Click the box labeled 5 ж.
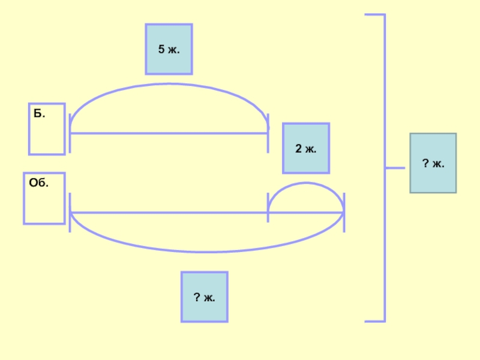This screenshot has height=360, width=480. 169,49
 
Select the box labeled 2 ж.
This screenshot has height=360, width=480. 306,148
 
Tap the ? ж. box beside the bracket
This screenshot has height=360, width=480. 433,163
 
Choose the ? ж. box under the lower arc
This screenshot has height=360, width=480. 205,296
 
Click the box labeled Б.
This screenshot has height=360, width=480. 47,130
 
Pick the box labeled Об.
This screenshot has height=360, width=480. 44,199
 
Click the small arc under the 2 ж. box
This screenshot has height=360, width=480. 306,183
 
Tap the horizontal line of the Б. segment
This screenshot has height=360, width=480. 169,133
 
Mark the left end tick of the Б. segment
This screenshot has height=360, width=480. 70,133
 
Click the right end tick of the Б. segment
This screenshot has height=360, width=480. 268,133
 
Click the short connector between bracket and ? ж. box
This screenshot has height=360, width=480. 395,167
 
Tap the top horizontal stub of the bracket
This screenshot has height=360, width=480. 374,15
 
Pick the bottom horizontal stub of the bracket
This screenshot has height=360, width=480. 374,321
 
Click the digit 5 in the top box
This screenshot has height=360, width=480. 161,49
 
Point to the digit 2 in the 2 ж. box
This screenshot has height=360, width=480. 298,148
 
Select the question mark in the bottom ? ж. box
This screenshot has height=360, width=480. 196,296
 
